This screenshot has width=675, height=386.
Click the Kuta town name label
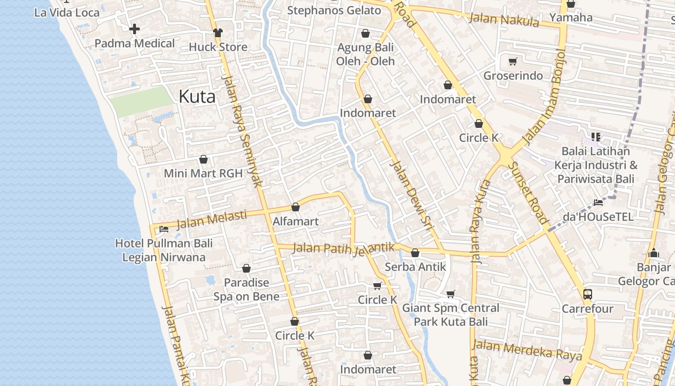(197, 96)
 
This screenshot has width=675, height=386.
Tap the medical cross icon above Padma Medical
(135, 29)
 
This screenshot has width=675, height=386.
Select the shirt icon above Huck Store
(218, 32)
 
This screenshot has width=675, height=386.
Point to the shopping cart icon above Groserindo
(513, 61)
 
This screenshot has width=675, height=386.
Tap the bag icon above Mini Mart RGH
(203, 159)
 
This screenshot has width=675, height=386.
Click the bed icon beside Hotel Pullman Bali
(164, 229)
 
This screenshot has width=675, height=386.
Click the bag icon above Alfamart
(296, 207)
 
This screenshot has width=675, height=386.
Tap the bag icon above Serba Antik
(415, 252)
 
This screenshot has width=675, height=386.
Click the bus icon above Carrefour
(587, 294)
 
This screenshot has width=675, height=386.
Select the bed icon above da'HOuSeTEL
(598, 202)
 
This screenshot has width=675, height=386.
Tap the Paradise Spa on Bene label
(246, 289)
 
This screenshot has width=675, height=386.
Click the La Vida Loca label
(67, 13)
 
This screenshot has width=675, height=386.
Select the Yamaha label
(571, 18)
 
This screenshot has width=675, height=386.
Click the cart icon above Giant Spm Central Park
(451, 293)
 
